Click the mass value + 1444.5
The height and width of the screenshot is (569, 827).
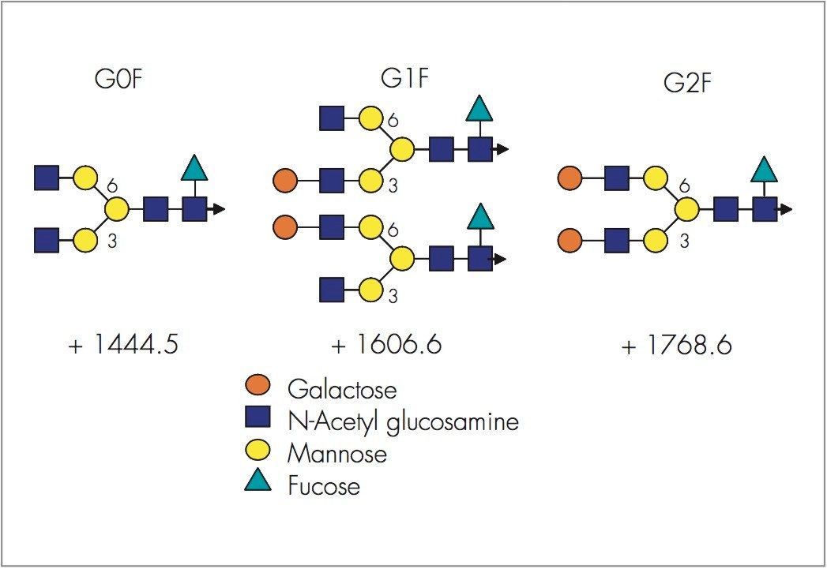click(x=123, y=346)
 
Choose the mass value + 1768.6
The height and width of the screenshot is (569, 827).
click(x=677, y=346)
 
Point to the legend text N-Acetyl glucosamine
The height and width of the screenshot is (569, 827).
click(x=403, y=421)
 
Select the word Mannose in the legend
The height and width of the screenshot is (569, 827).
click(x=337, y=454)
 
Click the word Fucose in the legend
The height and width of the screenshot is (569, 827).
click(x=324, y=485)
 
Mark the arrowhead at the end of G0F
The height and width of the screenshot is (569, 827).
click(x=219, y=209)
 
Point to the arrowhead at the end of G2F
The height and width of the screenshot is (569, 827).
click(x=787, y=209)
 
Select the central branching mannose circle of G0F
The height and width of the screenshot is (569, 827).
click(x=117, y=209)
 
